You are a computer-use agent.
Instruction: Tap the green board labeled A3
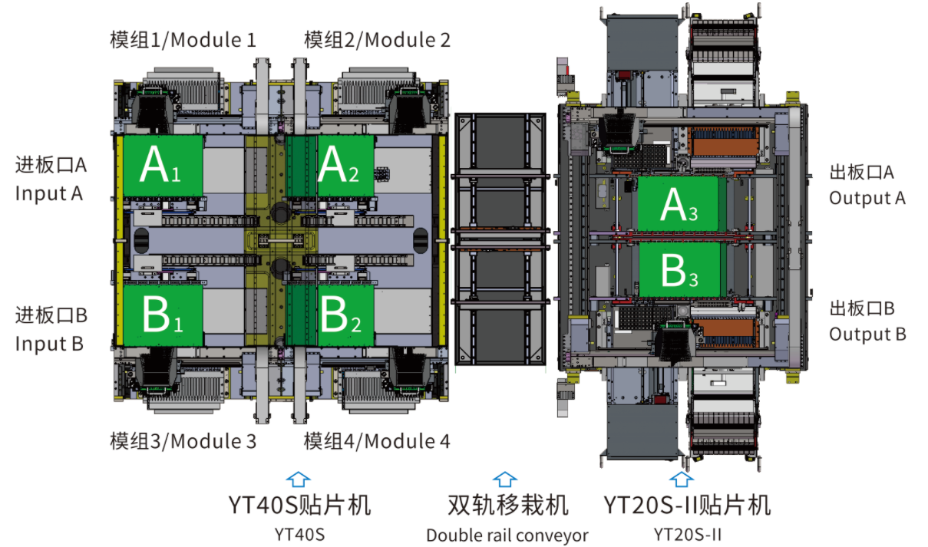[678, 204]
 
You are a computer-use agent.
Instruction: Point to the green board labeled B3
[678, 269]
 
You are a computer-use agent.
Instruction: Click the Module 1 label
[183, 40]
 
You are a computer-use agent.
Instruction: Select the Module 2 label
[376, 40]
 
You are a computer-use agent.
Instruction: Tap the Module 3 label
[183, 441]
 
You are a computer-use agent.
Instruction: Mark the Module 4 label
[376, 441]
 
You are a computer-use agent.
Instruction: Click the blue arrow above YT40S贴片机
[298, 479]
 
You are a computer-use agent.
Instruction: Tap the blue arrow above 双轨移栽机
[504, 479]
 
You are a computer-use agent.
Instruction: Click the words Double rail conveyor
[507, 535]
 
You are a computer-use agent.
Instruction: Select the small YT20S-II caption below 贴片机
[687, 533]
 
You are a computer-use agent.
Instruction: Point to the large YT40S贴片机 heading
[299, 506]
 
